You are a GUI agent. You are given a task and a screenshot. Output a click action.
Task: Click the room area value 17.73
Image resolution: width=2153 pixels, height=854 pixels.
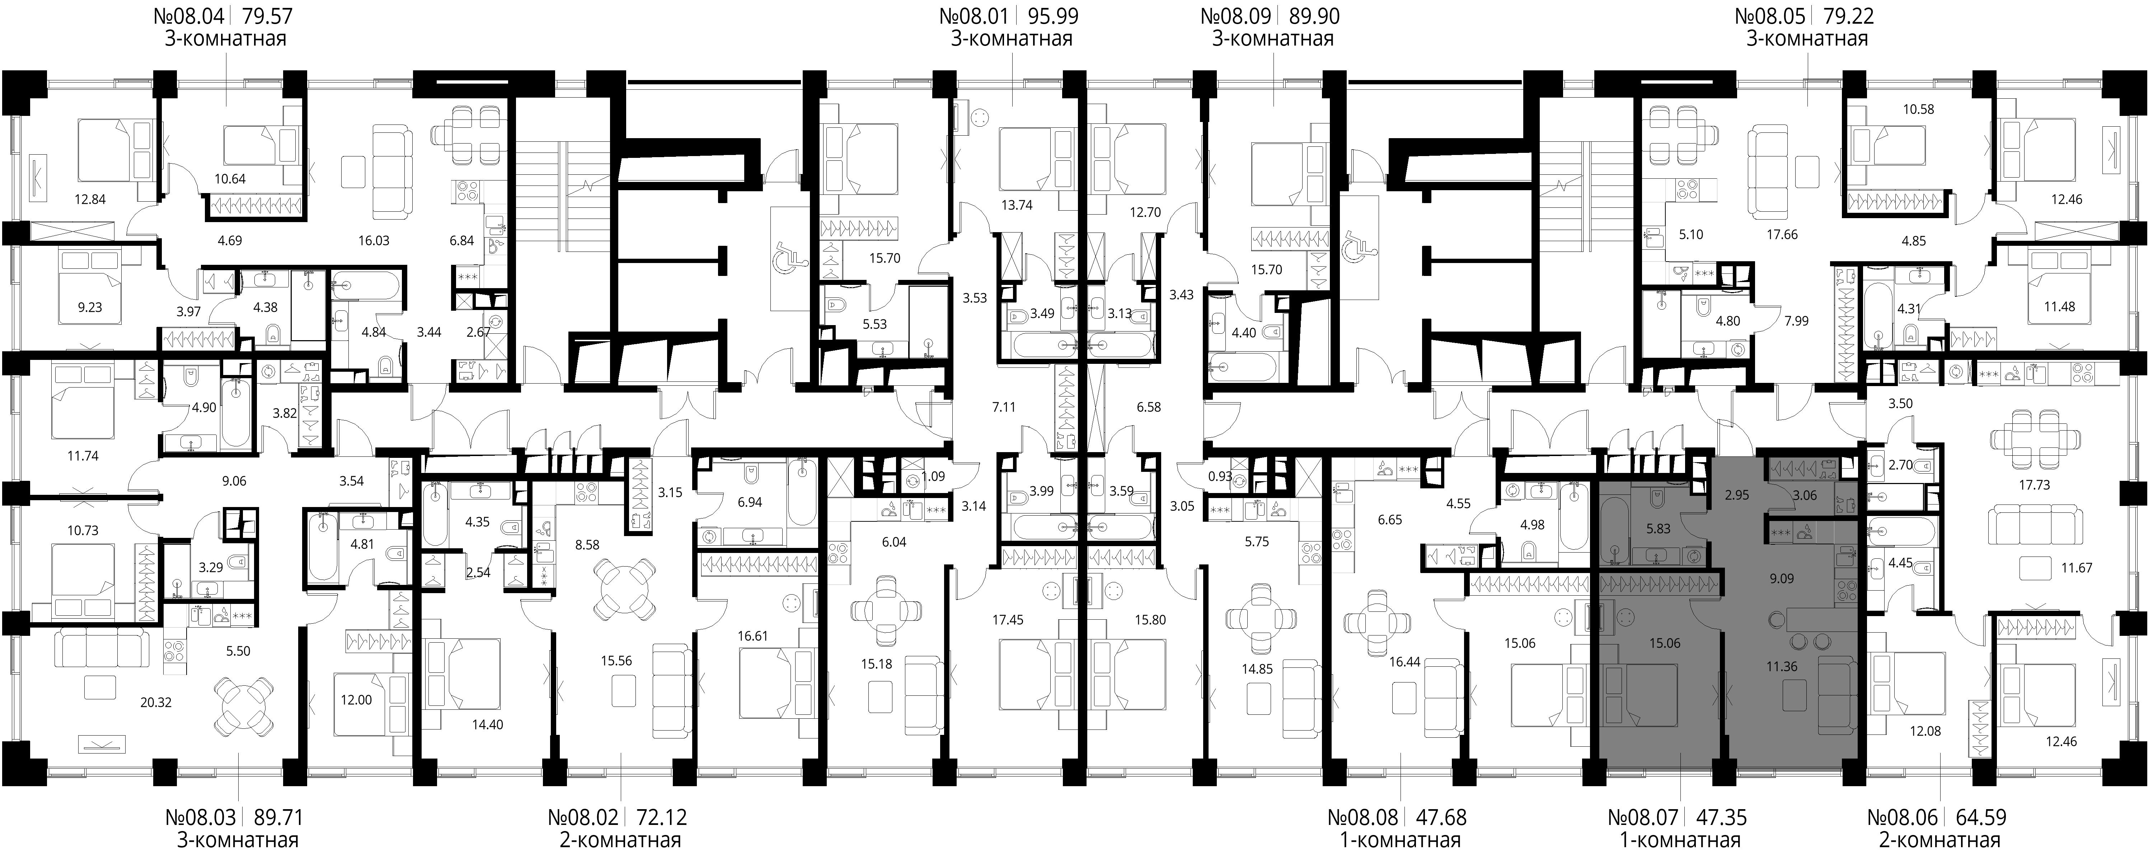point(2034,485)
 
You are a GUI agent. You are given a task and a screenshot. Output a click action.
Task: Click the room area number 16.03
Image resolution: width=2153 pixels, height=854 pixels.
point(374,241)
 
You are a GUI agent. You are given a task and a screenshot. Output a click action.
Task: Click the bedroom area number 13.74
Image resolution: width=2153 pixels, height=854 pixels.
point(1017,205)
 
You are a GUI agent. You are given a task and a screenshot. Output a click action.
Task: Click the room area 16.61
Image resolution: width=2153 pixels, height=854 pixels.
point(753,636)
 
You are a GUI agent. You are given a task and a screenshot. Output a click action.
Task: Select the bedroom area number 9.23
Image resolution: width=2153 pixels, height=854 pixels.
point(89,308)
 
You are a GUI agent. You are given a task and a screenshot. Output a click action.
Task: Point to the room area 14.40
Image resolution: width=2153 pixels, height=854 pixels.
point(487,724)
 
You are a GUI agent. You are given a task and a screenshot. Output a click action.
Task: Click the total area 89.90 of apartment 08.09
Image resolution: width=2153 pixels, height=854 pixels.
point(1312,16)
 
